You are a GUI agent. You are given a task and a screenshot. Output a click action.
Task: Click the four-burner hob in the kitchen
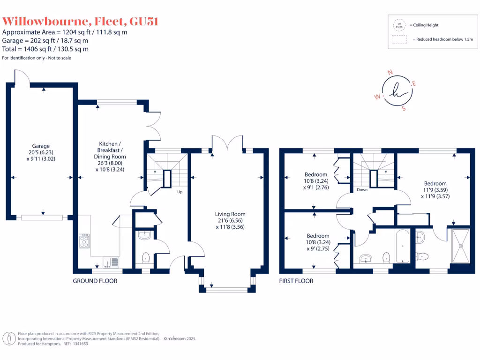click(85, 241)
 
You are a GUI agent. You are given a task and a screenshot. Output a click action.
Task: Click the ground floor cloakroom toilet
click(145, 257)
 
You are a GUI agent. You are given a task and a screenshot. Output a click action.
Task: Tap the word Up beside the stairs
click(180, 192)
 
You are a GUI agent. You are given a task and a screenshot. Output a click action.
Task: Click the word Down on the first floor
click(362, 190)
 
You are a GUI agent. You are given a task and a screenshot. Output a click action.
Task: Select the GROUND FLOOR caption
click(95, 281)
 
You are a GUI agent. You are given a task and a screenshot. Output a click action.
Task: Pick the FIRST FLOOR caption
click(296, 281)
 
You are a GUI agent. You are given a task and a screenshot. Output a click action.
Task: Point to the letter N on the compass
click(390, 73)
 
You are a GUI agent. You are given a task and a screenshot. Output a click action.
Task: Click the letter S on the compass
click(404, 108)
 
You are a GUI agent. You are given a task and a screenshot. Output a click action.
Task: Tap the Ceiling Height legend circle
click(400, 25)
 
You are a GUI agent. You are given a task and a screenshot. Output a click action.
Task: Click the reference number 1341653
click(79, 344)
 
